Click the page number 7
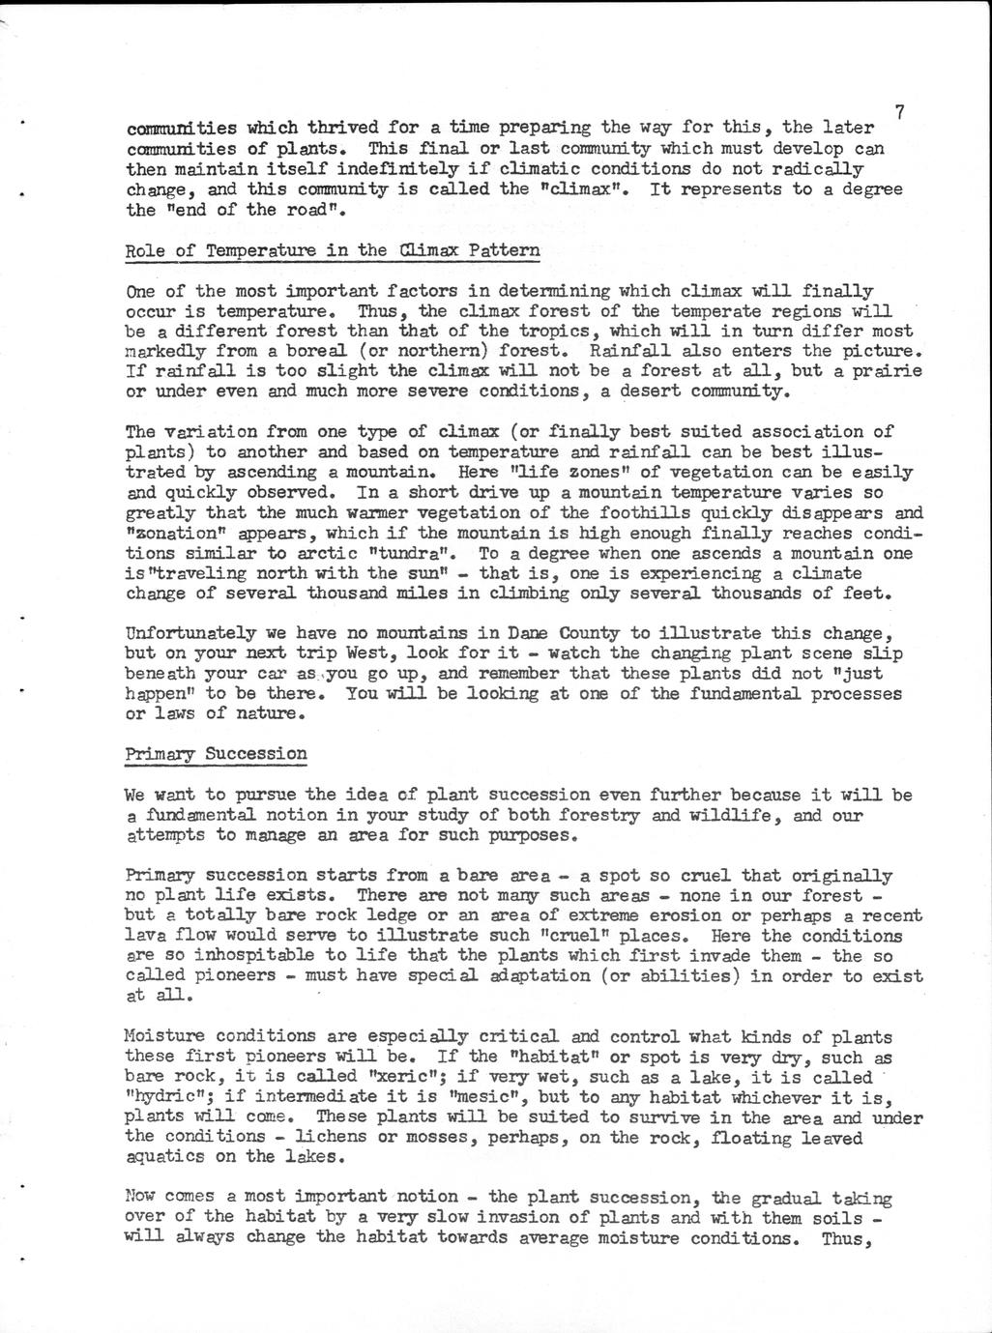[899, 112]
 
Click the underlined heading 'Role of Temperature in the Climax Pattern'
[334, 250]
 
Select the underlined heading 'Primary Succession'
[217, 754]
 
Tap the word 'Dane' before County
[528, 633]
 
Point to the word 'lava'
[145, 936]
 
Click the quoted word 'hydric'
[167, 1098]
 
